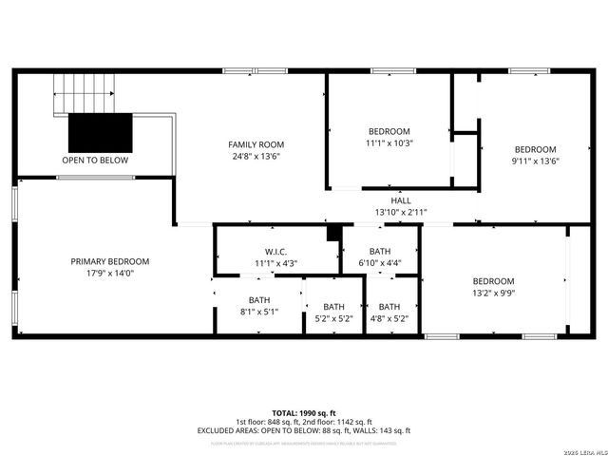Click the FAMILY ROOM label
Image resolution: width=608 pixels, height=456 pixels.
pos(256,144)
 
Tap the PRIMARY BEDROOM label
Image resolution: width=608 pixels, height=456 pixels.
pos(109,261)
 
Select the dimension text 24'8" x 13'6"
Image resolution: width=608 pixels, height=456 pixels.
pos(256,157)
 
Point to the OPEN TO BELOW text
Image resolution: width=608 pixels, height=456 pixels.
pos(95,161)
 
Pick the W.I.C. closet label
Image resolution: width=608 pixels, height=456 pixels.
pos(275,251)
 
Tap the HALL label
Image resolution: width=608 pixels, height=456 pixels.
pos(400,200)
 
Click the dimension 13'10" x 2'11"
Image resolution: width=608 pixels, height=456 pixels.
pos(400,212)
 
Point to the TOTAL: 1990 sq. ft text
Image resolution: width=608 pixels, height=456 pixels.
pos(303,412)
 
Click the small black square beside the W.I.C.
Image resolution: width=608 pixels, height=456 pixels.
pos(332,233)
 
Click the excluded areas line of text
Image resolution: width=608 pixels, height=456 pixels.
pos(303,430)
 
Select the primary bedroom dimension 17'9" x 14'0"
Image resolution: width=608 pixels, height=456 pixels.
pos(109,274)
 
